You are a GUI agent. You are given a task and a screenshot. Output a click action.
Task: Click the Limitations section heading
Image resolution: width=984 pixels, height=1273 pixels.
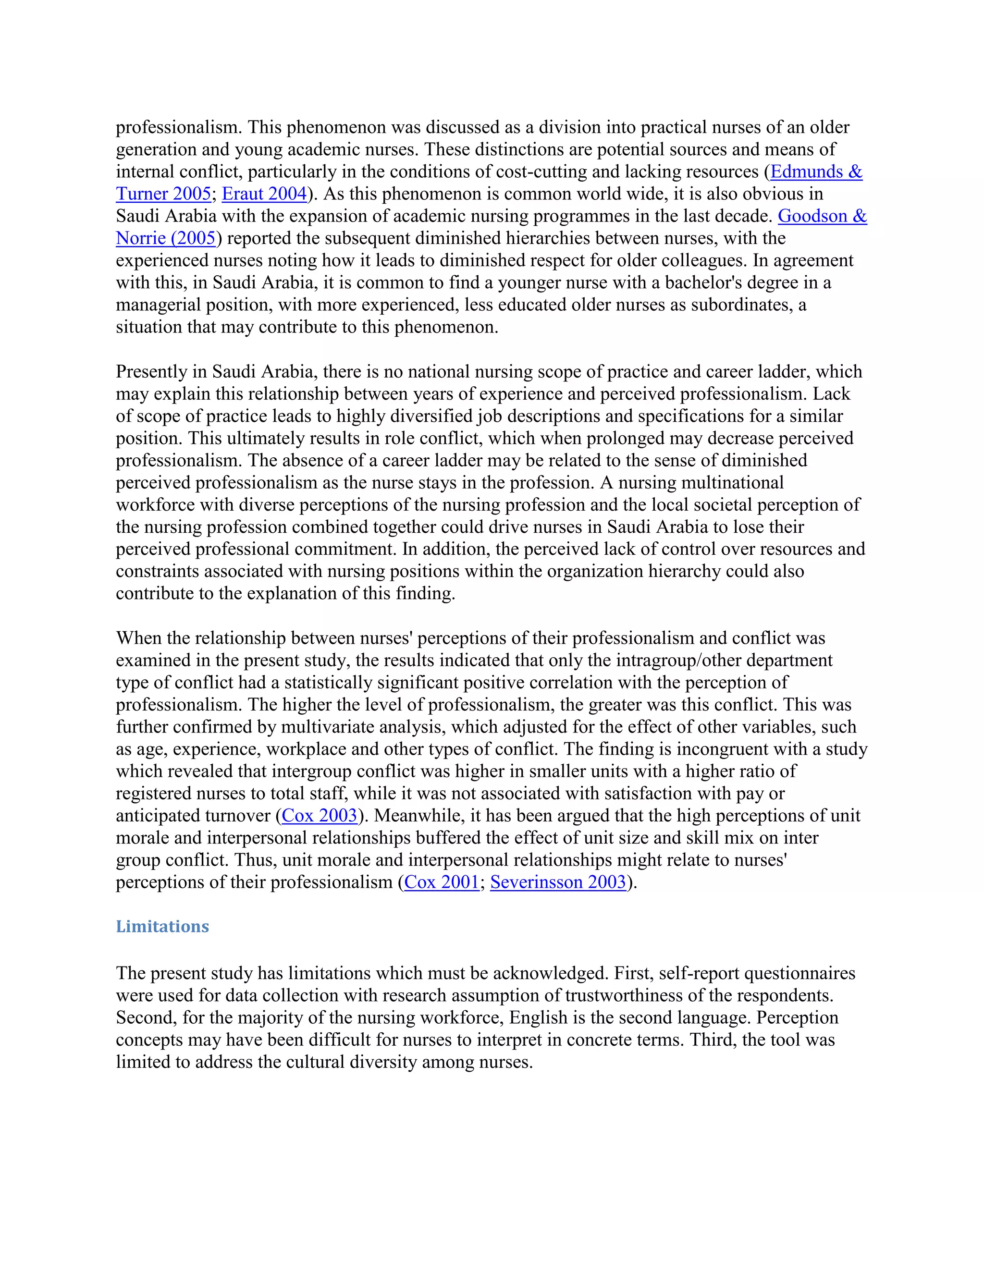click(162, 926)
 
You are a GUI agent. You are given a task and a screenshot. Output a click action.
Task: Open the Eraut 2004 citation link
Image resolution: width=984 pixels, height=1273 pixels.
click(264, 194)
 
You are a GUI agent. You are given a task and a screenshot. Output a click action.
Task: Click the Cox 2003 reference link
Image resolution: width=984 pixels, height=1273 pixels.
click(319, 816)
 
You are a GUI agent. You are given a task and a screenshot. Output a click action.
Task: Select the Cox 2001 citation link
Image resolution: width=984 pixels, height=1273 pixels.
click(441, 882)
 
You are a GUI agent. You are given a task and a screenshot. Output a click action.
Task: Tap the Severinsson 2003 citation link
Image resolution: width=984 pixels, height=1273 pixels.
click(558, 882)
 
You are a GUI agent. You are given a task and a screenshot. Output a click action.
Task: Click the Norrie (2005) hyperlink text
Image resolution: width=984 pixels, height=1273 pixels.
click(166, 238)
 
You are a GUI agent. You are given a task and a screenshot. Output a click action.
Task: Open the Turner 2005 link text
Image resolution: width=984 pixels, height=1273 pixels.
click(163, 194)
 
